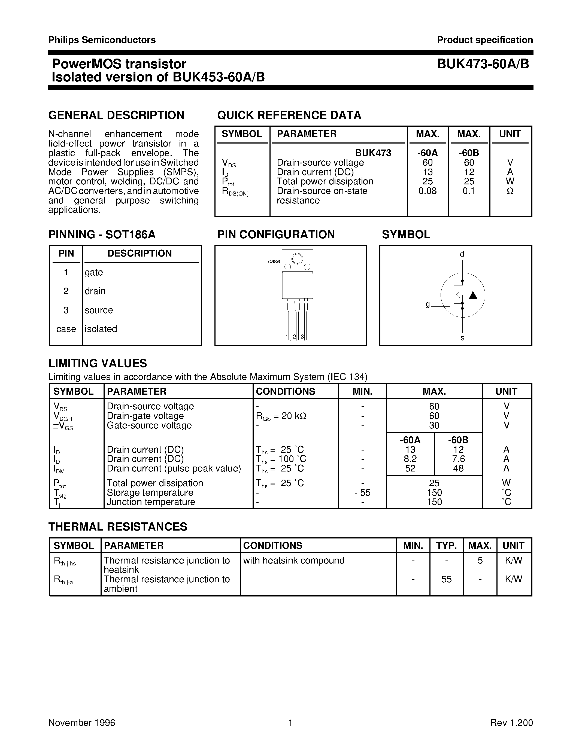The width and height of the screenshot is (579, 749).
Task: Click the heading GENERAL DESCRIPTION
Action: pyautogui.click(x=116, y=115)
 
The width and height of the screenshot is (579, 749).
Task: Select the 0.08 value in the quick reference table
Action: pyautogui.click(x=428, y=191)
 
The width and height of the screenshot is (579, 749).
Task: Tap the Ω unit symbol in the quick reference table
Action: pyautogui.click(x=510, y=191)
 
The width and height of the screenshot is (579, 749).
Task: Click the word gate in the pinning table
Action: pyautogui.click(x=94, y=272)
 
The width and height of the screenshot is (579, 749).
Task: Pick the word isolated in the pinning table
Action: pyautogui.click(x=101, y=329)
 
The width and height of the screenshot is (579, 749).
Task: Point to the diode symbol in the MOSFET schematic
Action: pyautogui.click(x=473, y=295)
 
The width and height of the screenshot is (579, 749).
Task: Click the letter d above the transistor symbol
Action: pyautogui.click(x=462, y=254)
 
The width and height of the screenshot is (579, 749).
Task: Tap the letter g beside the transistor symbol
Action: pyautogui.click(x=428, y=304)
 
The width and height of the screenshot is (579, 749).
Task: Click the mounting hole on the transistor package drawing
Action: pyautogui.click(x=297, y=258)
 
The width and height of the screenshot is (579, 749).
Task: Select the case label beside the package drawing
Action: pyautogui.click(x=274, y=261)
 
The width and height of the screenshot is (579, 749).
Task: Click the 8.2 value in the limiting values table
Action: pyautogui.click(x=410, y=459)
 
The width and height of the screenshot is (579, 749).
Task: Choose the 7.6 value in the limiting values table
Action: pyautogui.click(x=458, y=459)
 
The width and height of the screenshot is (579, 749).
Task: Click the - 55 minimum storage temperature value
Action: pyautogui.click(x=363, y=492)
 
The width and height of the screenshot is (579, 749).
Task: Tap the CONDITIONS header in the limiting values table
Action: pyautogui.click(x=285, y=391)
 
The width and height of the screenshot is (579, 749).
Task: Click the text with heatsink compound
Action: pyautogui.click(x=294, y=560)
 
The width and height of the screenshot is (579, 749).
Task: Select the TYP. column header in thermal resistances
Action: pyautogui.click(x=446, y=546)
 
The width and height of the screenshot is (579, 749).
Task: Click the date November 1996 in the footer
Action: pyautogui.click(x=82, y=723)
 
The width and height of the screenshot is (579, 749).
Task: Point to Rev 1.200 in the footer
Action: pyautogui.click(x=511, y=723)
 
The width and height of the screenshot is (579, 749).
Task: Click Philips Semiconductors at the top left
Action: pyautogui.click(x=102, y=40)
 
